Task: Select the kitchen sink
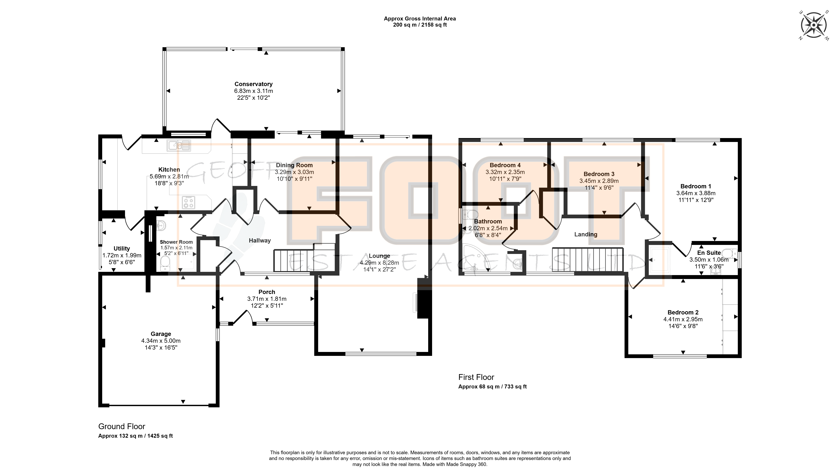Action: pyautogui.click(x=179, y=146)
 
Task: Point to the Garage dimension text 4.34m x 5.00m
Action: pyautogui.click(x=161, y=341)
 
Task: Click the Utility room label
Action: pyautogui.click(x=122, y=249)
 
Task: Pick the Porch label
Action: pyautogui.click(x=267, y=292)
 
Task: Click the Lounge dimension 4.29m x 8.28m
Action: pyautogui.click(x=379, y=263)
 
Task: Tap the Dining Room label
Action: pyautogui.click(x=294, y=165)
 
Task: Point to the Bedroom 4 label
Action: pyautogui.click(x=505, y=165)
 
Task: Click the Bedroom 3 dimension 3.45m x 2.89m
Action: pyautogui.click(x=599, y=181)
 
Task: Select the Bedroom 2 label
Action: pyautogui.click(x=683, y=313)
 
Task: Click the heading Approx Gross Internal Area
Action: pyautogui.click(x=420, y=19)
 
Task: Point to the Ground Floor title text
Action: pyautogui.click(x=122, y=426)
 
